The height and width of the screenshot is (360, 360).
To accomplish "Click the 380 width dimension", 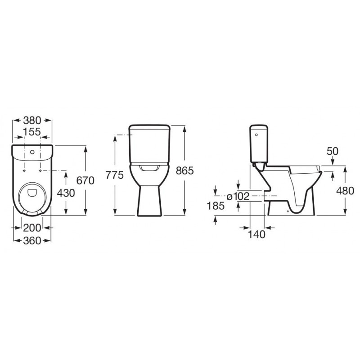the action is point(32,120).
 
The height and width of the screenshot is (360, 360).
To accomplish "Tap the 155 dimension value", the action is point(32,132).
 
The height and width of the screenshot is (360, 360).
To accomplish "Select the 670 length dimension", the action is point(85,180).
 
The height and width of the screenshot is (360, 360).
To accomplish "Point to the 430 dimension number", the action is point(66,193).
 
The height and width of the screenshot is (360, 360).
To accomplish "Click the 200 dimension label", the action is point(32,228).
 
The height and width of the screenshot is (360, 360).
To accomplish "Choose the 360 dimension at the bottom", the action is point(32,241).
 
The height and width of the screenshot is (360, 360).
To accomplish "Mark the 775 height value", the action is point(115,175).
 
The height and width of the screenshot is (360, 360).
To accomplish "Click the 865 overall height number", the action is point(185,171).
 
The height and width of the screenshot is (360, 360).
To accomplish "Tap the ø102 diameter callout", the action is point(238,197).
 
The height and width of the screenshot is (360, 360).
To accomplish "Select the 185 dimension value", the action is point(216,206).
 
